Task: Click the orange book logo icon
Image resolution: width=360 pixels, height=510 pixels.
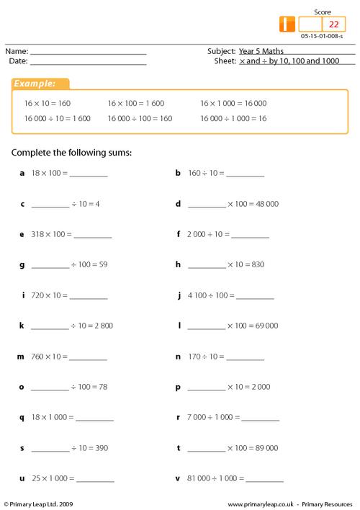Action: click(286, 24)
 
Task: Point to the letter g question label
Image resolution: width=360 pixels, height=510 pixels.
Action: click(23, 265)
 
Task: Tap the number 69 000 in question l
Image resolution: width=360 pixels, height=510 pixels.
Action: click(264, 326)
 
